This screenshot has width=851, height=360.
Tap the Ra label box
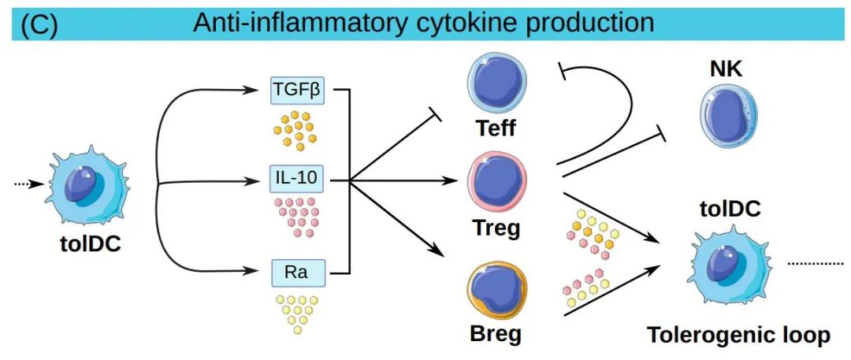(298, 273)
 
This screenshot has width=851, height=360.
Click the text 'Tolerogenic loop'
(738, 336)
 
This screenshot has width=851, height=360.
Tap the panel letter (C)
(39, 24)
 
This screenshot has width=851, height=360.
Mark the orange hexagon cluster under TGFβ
(295, 129)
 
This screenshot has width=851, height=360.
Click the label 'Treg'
(496, 229)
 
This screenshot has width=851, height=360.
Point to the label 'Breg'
(495, 334)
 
